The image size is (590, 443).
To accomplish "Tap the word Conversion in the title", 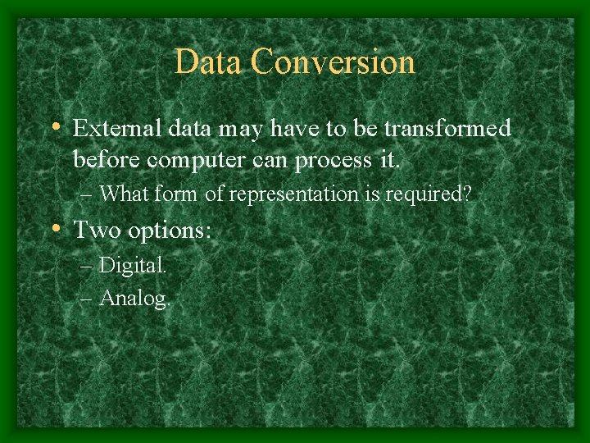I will coord(334,62).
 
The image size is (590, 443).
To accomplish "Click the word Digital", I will coord(133,265).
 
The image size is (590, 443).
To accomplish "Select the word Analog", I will coord(134,298).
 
